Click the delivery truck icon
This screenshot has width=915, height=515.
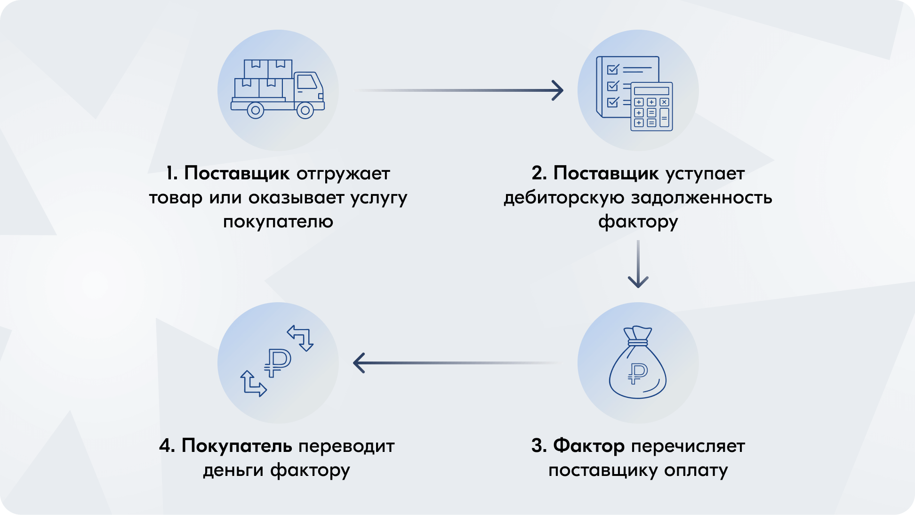coord(277,89)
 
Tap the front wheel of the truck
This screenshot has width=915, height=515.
coord(305,111)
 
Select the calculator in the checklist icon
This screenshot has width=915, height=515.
coord(651,107)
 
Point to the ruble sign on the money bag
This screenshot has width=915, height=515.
coord(637,374)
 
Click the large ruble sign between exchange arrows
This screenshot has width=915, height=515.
coord(277,362)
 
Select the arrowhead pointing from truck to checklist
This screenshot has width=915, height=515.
coord(558,90)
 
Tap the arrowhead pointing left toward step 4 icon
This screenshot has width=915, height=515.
coord(359,363)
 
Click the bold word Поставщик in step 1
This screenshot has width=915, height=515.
coord(237,173)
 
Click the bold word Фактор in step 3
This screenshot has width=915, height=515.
coord(588,445)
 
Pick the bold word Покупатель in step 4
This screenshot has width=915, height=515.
coord(237,445)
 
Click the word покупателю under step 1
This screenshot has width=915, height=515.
coord(278,221)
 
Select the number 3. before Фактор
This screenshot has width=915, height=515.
coord(539,445)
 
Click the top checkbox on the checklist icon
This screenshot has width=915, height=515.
coord(612,70)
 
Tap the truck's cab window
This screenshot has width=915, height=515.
coord(307,82)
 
